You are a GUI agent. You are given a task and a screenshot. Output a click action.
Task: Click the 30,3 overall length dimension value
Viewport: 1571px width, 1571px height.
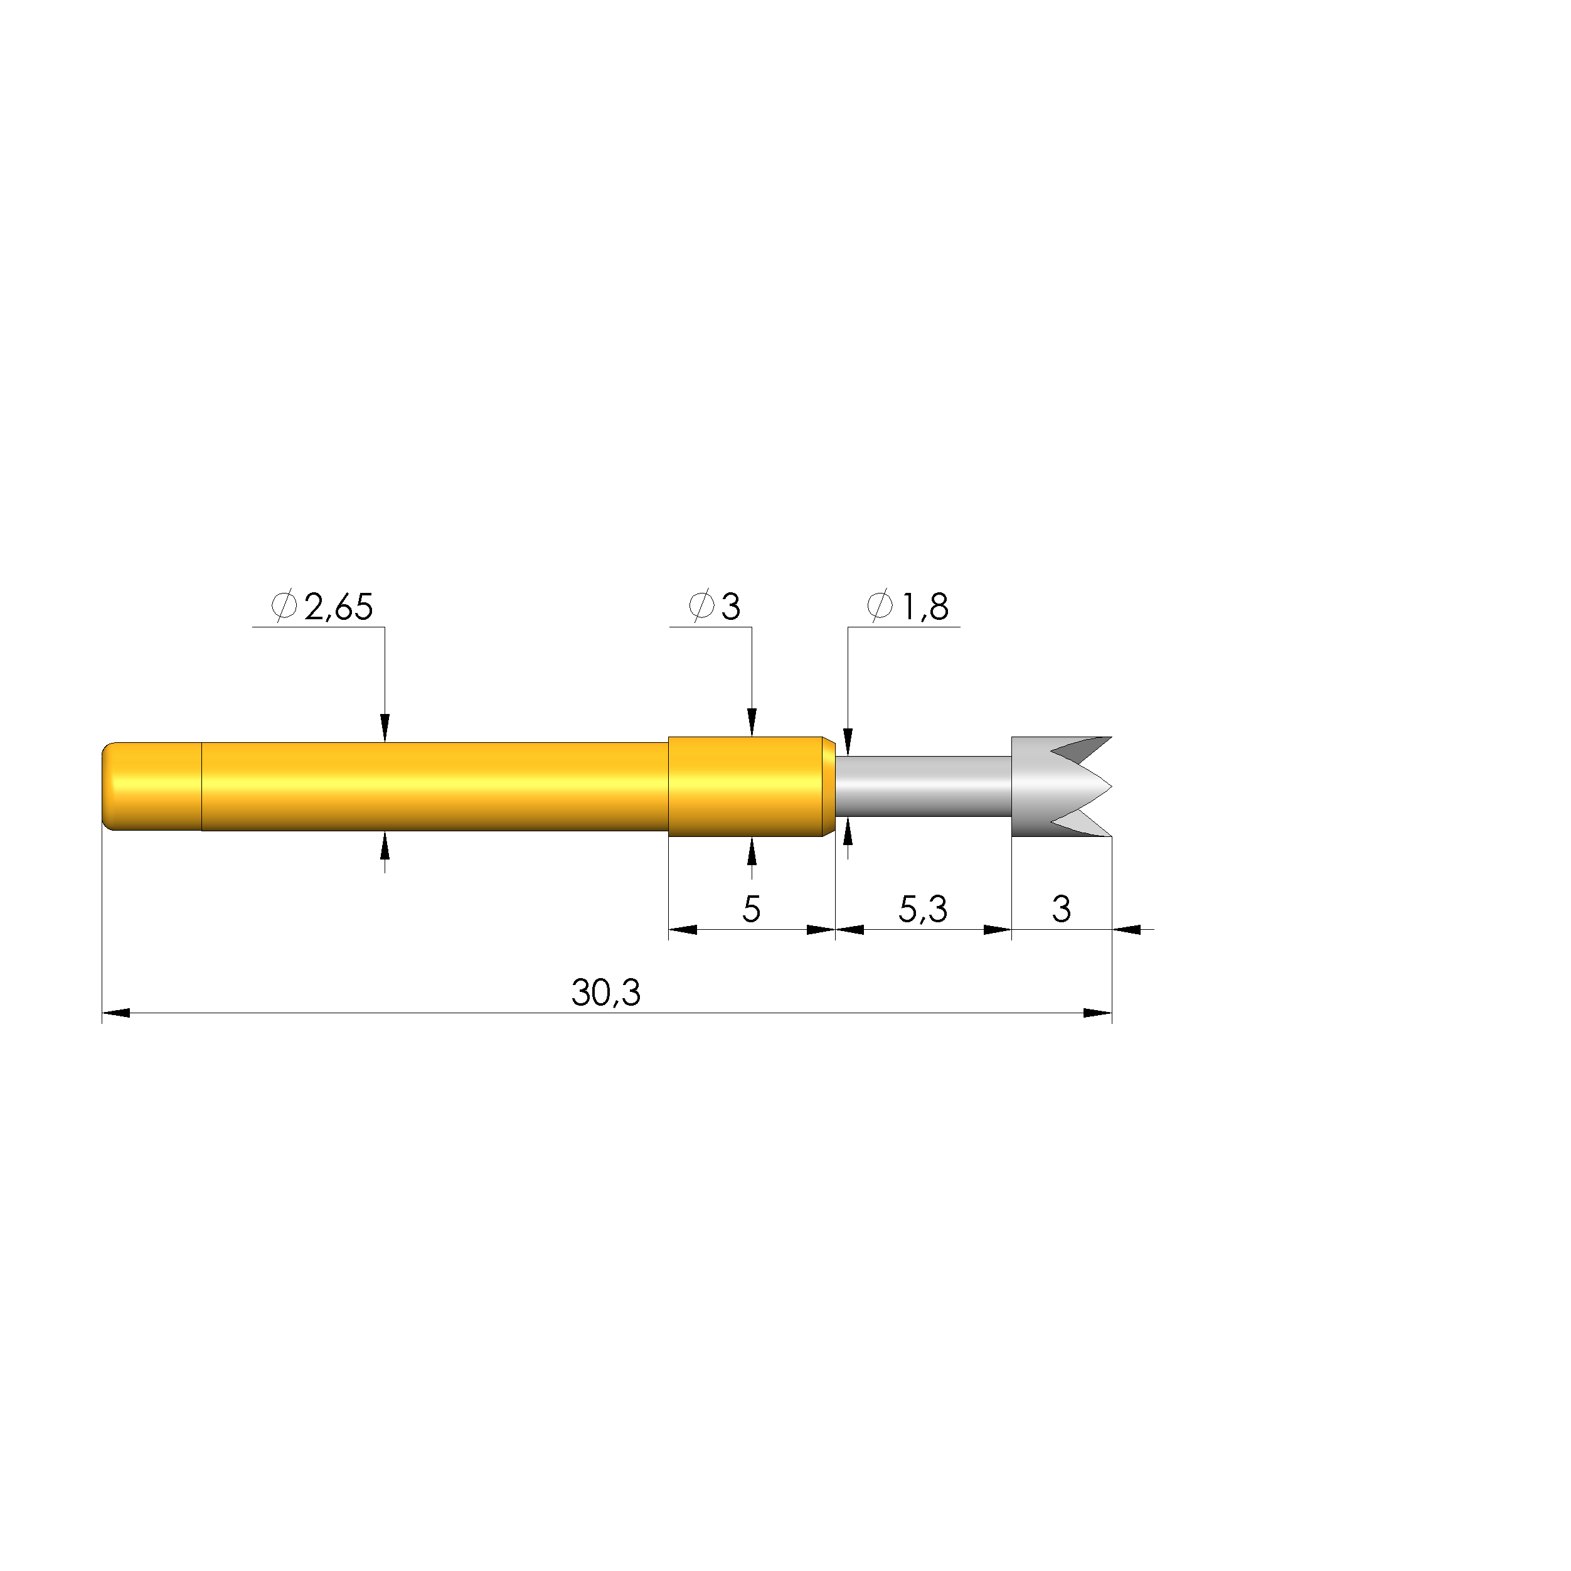click(606, 993)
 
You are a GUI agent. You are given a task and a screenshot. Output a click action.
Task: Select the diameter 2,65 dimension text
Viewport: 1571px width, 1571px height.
click(322, 607)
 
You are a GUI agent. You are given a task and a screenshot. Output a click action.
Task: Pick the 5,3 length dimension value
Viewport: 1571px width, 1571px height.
click(923, 909)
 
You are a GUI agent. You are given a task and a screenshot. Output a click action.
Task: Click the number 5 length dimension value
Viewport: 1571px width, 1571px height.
click(752, 909)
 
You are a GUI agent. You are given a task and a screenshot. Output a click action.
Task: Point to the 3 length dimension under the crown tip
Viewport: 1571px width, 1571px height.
click(1061, 909)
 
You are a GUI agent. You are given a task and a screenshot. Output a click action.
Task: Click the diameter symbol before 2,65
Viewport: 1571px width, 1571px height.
click(284, 606)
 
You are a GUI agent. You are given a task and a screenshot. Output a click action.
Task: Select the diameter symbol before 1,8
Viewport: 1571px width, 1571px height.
click(880, 606)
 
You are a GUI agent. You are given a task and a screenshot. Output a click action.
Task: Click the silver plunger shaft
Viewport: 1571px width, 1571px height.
click(924, 786)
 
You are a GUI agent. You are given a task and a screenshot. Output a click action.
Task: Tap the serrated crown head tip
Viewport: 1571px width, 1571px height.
click(1061, 786)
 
